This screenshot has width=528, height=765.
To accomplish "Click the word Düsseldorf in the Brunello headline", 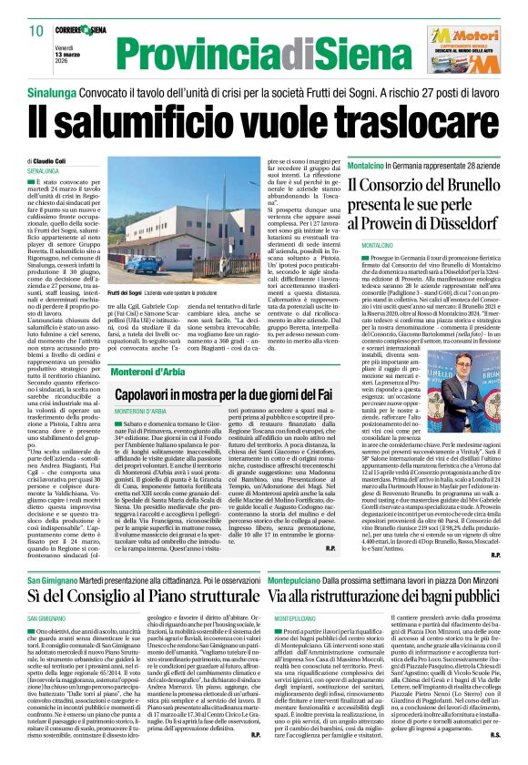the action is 456,223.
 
